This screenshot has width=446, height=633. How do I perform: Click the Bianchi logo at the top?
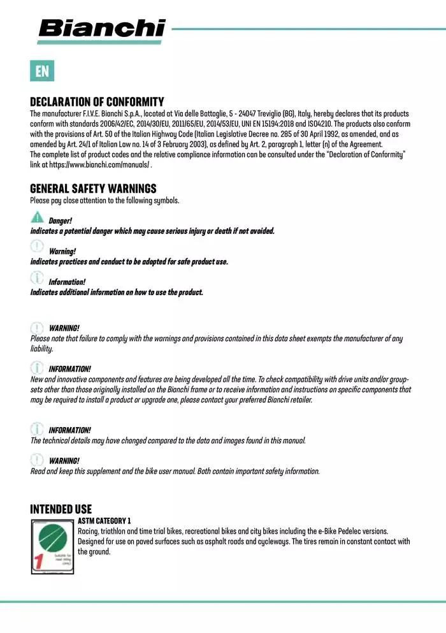(101, 29)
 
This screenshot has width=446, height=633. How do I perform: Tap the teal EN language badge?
(42, 71)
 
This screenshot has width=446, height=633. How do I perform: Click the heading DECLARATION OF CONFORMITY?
(97, 102)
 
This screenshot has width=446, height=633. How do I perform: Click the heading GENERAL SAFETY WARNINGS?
(93, 189)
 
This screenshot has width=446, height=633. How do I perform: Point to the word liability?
(41, 349)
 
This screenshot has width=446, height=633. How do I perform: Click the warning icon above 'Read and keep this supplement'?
(38, 458)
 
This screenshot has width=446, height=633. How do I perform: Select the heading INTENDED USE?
(61, 509)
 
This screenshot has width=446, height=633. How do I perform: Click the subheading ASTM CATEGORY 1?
(104, 521)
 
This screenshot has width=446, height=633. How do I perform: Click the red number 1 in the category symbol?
(38, 562)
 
